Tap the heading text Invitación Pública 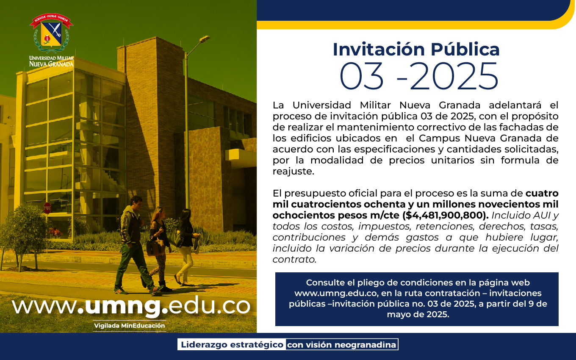pos(416,49)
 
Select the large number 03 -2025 pos(419,76)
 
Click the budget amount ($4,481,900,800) pos(446,215)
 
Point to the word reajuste pos(294,172)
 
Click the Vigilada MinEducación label pos(129,326)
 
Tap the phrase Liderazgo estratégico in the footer pos(232,345)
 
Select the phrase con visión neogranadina pos(341,345)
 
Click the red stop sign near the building pos(47,208)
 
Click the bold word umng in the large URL pos(123,306)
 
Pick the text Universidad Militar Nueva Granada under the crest pos(51,61)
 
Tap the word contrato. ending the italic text pos(294,260)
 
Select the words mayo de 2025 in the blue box pos(418,315)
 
